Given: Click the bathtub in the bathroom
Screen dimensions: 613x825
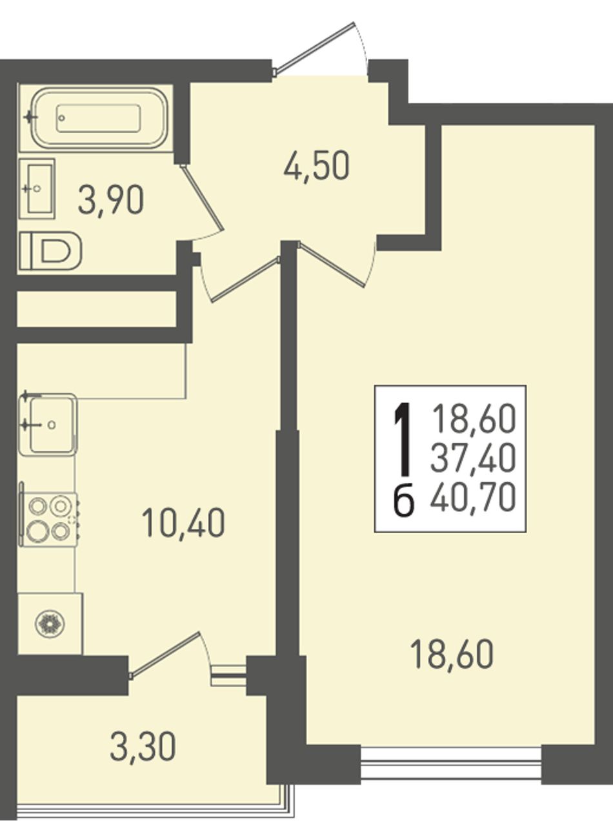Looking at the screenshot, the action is pyautogui.click(x=99, y=118).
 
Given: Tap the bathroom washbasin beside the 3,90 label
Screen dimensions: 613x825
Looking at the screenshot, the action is pyautogui.click(x=37, y=189).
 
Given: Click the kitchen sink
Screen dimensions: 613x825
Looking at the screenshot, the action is pyautogui.click(x=48, y=424).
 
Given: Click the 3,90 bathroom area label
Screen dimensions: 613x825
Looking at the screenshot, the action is pyautogui.click(x=111, y=201).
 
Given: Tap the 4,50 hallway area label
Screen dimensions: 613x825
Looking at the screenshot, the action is pyautogui.click(x=317, y=167).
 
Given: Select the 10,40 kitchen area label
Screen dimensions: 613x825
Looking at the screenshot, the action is pyautogui.click(x=183, y=523).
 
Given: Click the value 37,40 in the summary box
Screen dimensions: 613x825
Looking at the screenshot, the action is pyautogui.click(x=473, y=458).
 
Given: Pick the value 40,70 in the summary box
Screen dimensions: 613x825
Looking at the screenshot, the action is pyautogui.click(x=473, y=497).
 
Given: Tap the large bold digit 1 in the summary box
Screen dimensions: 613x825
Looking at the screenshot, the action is pyautogui.click(x=404, y=441).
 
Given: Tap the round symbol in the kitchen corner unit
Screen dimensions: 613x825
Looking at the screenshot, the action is pyautogui.click(x=50, y=622).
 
